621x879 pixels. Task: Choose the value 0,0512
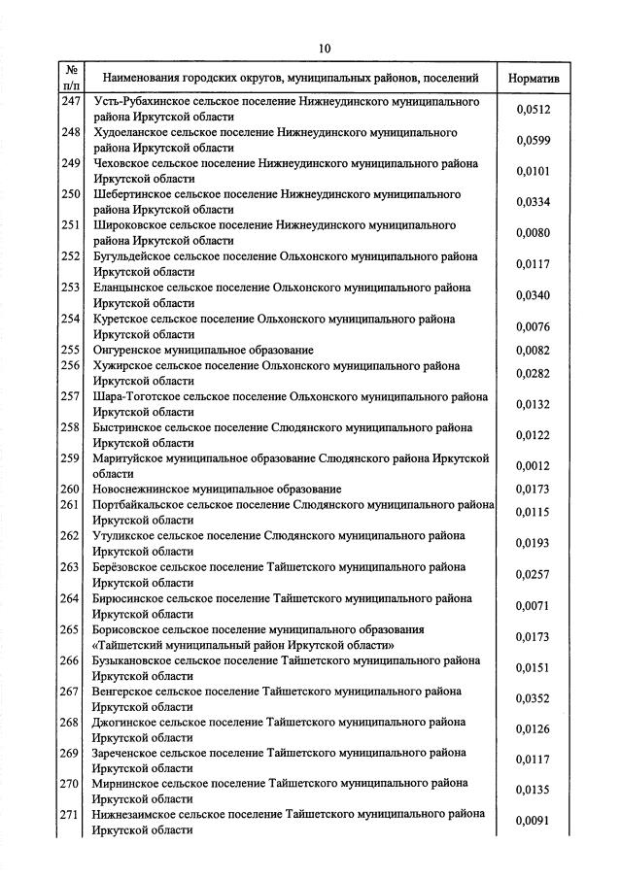click(x=533, y=110)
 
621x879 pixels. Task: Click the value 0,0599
click(x=533, y=141)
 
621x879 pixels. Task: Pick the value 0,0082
click(x=533, y=350)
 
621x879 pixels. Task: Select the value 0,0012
click(x=533, y=466)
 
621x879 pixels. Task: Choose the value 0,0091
click(x=533, y=822)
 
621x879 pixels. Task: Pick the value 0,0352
click(x=533, y=698)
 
